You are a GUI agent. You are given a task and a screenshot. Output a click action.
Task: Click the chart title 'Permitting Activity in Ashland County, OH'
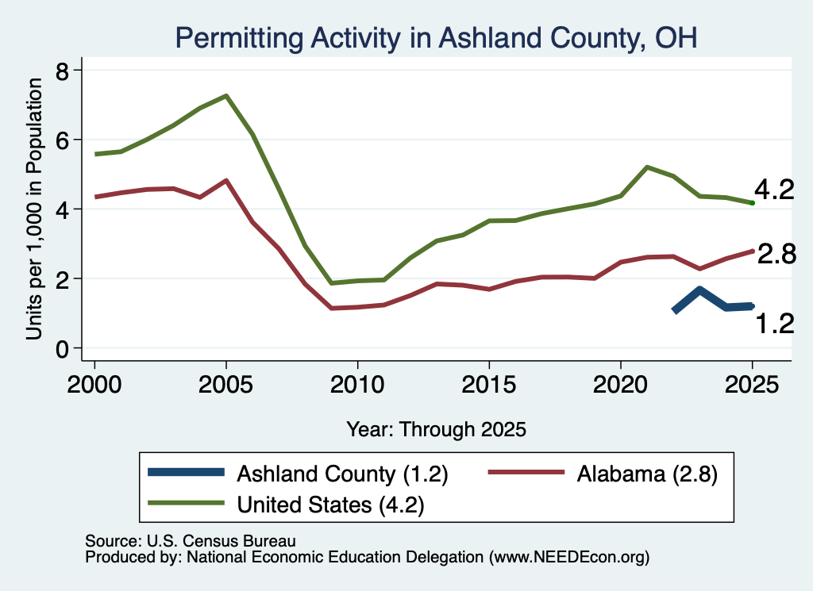click(436, 38)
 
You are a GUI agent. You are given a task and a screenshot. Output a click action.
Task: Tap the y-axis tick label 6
click(62, 140)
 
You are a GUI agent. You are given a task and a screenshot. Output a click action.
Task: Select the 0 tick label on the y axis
click(62, 349)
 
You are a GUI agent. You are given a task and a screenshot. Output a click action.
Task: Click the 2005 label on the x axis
click(225, 384)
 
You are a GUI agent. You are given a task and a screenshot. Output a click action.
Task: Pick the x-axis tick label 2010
click(357, 384)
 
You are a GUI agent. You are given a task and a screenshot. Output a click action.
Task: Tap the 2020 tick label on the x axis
click(621, 384)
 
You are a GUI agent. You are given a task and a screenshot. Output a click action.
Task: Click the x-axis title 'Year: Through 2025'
click(436, 429)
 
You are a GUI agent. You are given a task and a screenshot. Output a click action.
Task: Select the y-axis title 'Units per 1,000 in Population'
click(33, 209)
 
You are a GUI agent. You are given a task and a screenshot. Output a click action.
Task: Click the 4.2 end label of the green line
click(774, 190)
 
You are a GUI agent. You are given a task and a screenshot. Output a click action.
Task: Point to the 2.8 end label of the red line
click(776, 255)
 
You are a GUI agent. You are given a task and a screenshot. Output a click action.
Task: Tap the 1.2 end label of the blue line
click(775, 324)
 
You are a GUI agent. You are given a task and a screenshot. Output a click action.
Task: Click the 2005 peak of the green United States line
click(226, 96)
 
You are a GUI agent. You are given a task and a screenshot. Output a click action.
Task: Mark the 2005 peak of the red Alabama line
click(226, 180)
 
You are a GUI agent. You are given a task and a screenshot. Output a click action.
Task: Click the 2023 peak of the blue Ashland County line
click(700, 290)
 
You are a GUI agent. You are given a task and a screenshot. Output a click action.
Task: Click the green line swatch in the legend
click(186, 503)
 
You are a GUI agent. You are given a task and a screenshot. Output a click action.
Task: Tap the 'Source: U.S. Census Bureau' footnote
click(191, 541)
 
